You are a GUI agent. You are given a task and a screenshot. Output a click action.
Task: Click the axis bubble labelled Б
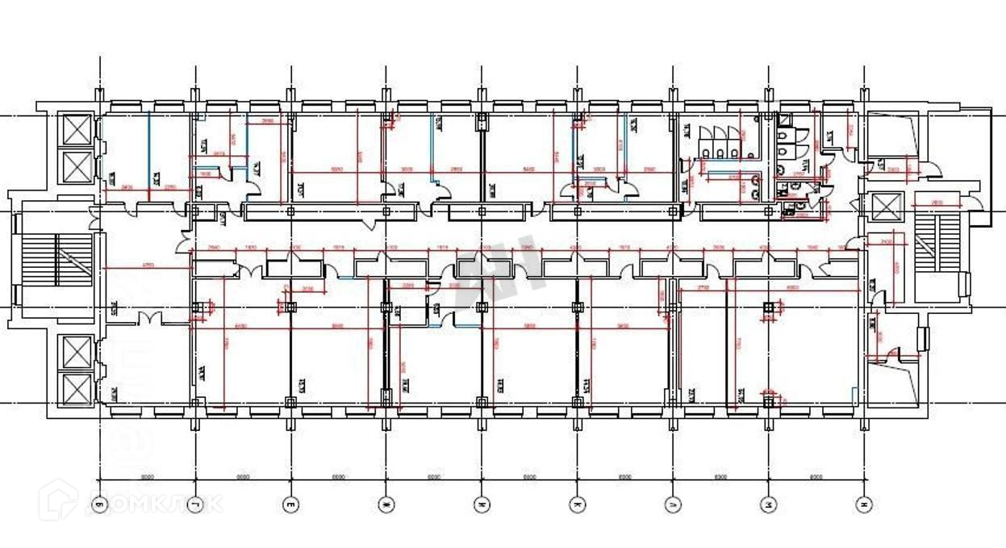point(99,505)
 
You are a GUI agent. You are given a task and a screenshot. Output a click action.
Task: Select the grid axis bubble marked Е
point(290,505)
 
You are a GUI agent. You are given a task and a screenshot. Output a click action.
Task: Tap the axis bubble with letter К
point(578,505)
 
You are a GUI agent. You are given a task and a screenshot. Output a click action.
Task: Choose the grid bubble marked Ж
point(386,505)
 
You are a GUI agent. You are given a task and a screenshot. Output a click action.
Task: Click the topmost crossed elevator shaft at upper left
point(77,131)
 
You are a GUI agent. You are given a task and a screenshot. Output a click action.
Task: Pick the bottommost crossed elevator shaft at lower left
point(77,388)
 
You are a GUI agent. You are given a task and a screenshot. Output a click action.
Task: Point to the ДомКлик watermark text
point(153,504)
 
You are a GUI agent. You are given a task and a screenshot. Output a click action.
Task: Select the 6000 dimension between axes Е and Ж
point(338,477)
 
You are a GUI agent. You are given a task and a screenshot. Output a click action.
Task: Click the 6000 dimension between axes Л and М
point(720,477)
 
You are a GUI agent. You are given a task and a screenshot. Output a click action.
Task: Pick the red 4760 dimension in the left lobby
point(148,265)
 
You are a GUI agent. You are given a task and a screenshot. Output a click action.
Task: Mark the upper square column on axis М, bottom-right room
point(768,307)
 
